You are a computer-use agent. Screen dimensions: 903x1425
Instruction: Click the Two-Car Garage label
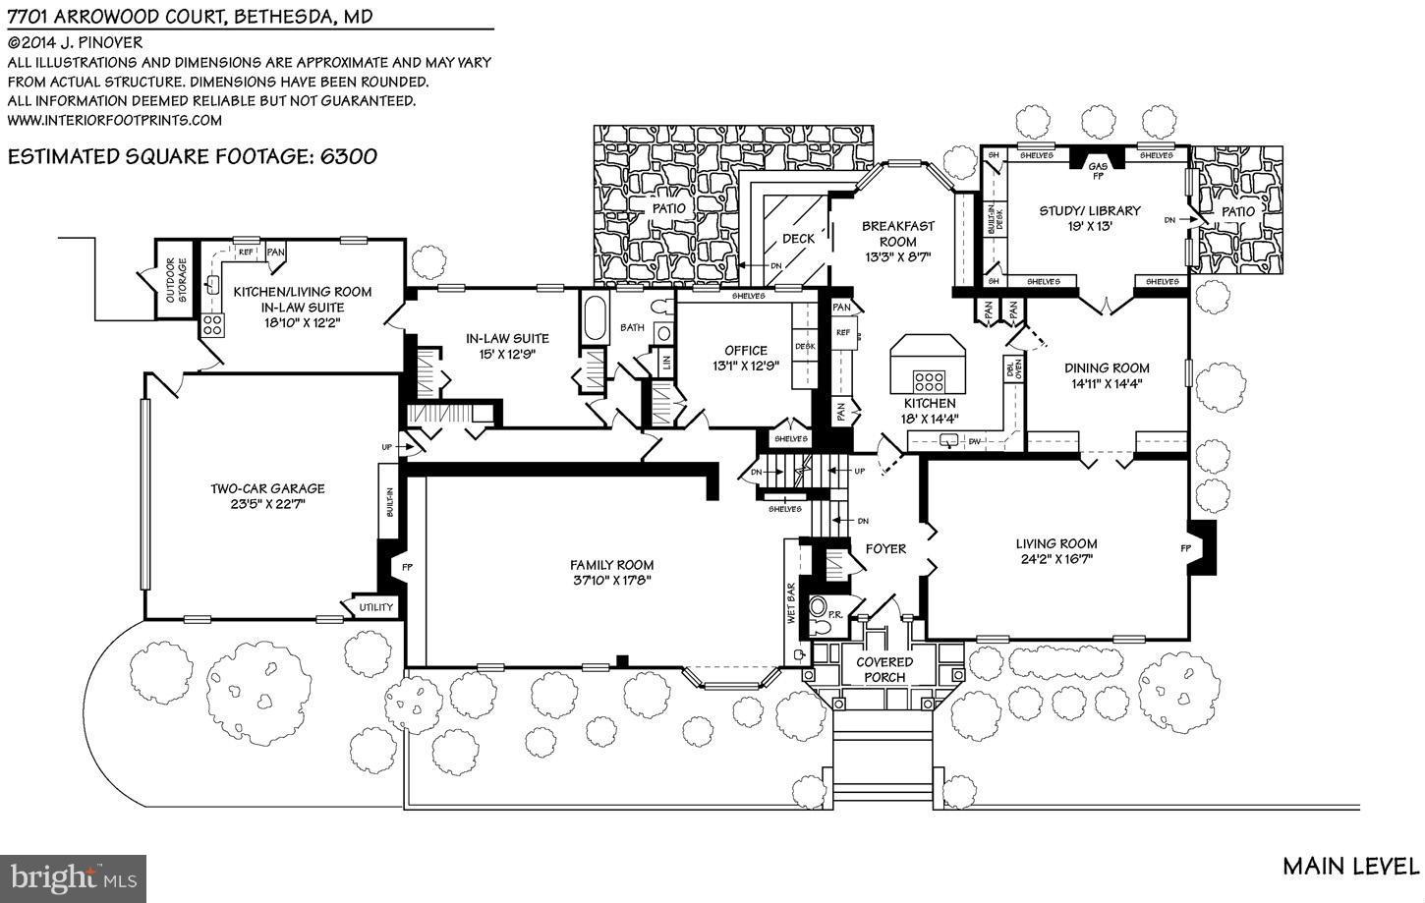pyautogui.click(x=266, y=488)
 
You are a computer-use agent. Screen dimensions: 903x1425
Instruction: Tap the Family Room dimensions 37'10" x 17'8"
pyautogui.click(x=612, y=580)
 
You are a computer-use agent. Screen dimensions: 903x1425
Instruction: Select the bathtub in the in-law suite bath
pyautogui.click(x=596, y=317)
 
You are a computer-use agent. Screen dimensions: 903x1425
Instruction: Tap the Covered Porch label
pyautogui.click(x=883, y=668)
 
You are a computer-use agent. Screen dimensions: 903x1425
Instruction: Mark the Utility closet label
pyautogui.click(x=375, y=607)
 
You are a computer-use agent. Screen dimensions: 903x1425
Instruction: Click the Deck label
pyautogui.click(x=798, y=239)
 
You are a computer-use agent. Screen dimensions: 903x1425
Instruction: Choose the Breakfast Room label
pyautogui.click(x=897, y=234)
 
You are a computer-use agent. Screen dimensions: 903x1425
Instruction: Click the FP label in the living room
pyautogui.click(x=1185, y=548)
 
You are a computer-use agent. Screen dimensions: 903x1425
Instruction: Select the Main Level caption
pyautogui.click(x=1349, y=866)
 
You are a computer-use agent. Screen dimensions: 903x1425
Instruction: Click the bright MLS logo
pyautogui.click(x=74, y=873)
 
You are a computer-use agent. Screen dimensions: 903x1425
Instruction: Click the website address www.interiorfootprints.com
pyautogui.click(x=115, y=120)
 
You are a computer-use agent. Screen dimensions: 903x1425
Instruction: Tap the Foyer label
pyautogui.click(x=884, y=548)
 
